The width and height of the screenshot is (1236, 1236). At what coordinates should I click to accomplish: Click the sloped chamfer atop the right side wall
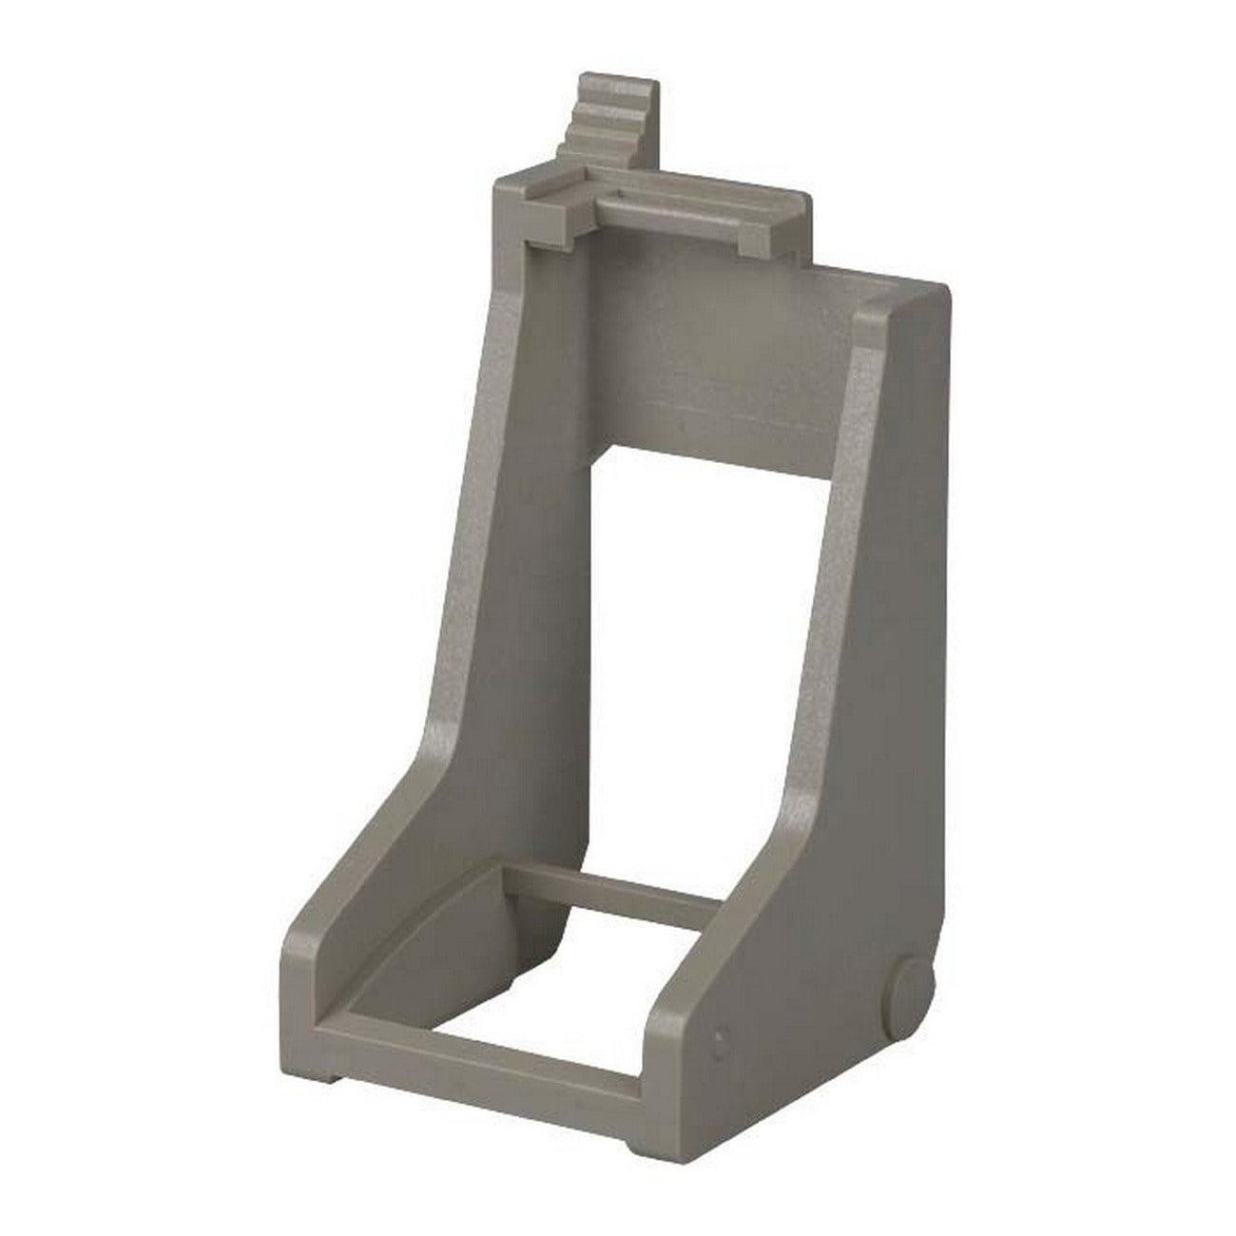903,314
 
